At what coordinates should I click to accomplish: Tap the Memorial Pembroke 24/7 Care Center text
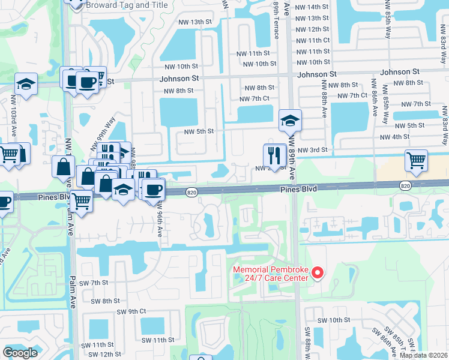point(271,274)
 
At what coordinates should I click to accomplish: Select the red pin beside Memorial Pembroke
point(318,274)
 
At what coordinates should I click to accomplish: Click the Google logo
point(20,352)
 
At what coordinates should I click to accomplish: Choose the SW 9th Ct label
point(131,311)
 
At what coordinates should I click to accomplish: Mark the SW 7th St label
point(93,283)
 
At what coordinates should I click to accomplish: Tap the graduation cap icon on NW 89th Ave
point(290,121)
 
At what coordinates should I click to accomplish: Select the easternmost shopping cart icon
point(416,160)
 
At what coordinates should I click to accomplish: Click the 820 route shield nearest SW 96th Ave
point(191,192)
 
